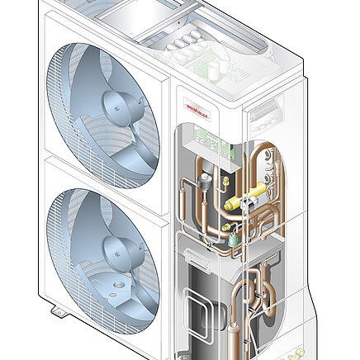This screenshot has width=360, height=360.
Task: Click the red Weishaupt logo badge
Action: coord(197,106)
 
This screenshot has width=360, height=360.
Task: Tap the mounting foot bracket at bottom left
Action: coord(59,313)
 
